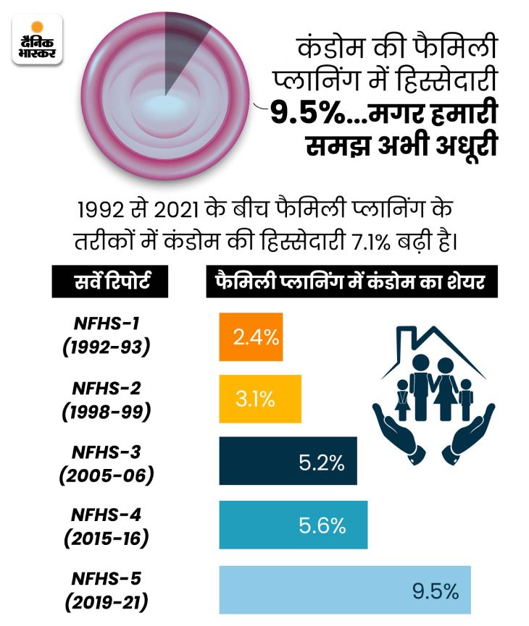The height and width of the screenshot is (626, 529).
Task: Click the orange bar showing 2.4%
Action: point(251,337)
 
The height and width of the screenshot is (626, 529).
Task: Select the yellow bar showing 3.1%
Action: point(259,399)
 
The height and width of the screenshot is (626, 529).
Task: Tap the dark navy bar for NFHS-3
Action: point(288,461)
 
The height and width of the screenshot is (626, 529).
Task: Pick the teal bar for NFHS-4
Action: point(293,524)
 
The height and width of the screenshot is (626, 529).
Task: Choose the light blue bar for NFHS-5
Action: point(345,589)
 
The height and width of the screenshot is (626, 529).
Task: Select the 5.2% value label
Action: point(321,463)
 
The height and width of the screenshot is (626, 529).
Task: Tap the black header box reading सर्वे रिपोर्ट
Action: point(111,282)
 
